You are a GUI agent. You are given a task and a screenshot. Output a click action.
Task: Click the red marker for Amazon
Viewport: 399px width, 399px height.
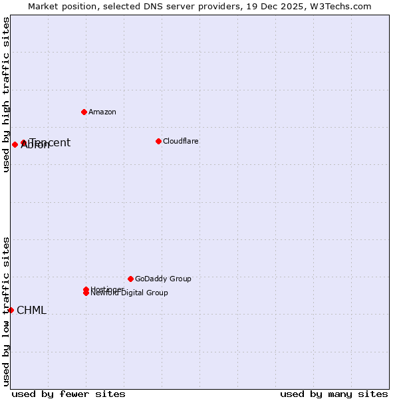[x=84, y=112]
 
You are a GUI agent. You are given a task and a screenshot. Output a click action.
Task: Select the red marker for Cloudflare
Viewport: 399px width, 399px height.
[x=158, y=141]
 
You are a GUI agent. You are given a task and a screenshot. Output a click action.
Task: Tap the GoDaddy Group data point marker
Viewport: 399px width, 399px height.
[x=130, y=279]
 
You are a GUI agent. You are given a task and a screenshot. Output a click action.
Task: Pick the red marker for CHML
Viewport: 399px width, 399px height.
[x=11, y=310]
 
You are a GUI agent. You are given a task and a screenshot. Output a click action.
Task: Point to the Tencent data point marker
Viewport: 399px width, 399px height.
[x=23, y=142]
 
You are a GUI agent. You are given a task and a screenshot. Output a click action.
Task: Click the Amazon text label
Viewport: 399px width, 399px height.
[x=102, y=112]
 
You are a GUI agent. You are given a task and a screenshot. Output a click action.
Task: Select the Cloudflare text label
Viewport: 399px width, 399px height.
[x=180, y=141]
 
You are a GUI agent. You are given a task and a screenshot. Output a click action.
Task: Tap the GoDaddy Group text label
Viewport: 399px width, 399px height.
[x=163, y=279]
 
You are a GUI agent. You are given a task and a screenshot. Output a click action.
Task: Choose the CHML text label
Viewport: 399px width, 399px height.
[x=31, y=310]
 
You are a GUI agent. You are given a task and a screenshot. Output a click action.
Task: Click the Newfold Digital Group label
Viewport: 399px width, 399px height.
[x=130, y=293]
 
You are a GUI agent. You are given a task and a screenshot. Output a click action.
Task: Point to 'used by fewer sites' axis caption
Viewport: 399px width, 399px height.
[x=68, y=394]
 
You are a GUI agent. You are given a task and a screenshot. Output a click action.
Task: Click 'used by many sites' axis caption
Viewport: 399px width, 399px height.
[x=334, y=394]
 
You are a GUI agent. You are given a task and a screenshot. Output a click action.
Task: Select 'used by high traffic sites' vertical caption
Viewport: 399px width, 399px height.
[x=6, y=94]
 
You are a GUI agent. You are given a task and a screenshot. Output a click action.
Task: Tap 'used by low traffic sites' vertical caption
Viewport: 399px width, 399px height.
[x=6, y=311]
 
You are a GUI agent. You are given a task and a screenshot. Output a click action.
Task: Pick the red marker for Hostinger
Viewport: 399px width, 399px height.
[x=86, y=289]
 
